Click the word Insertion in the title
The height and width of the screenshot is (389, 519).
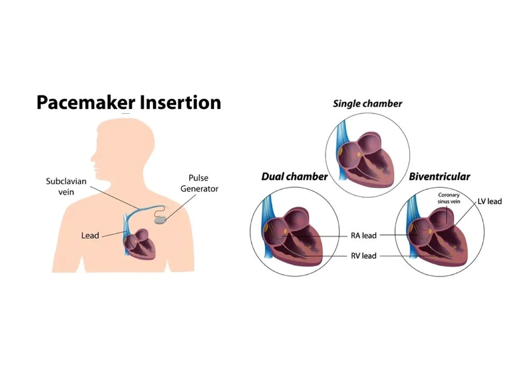pos(180,103)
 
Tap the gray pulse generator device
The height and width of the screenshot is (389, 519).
pos(160,220)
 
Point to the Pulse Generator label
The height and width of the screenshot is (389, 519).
pos(199,183)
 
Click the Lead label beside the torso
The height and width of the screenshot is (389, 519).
pos(90,236)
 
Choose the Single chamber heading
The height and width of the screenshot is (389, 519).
pos(367,104)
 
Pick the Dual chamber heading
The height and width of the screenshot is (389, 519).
pos(294,177)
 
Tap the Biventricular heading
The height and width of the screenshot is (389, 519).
pos(439,177)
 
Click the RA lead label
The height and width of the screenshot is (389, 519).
pos(363,236)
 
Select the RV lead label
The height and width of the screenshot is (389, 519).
pos(363,256)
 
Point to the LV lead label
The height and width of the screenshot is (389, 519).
pos(490,201)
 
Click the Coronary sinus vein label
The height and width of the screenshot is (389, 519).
pos(449,198)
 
